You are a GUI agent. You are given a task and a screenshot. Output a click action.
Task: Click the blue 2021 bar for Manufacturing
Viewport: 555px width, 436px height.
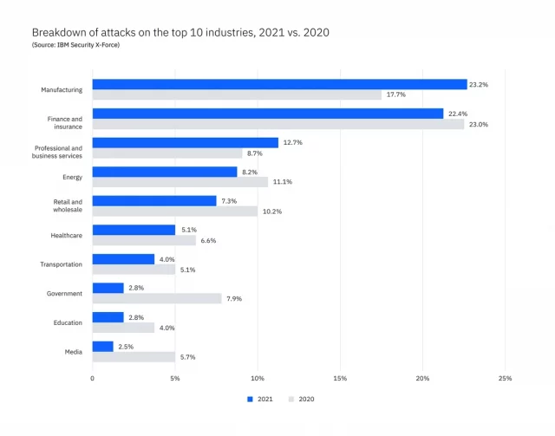click(x=279, y=85)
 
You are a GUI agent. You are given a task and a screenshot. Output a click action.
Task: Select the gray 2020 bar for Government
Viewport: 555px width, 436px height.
click(x=157, y=298)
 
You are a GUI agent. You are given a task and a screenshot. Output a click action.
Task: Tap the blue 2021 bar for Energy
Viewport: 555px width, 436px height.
click(x=165, y=172)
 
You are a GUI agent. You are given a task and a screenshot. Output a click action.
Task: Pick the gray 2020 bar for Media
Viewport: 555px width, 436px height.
click(x=134, y=356)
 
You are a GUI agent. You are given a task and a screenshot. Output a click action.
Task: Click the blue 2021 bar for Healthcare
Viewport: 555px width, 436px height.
click(x=134, y=230)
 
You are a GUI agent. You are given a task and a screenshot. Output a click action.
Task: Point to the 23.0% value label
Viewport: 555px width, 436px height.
click(x=479, y=124)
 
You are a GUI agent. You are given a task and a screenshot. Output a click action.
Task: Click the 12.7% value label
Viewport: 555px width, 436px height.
click(x=292, y=142)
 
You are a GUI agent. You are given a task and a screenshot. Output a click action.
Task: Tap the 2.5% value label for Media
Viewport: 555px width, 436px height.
click(x=127, y=346)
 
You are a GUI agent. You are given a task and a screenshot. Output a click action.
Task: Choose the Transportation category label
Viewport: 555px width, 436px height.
click(x=61, y=264)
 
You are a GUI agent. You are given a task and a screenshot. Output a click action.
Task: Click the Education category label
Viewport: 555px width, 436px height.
click(x=68, y=322)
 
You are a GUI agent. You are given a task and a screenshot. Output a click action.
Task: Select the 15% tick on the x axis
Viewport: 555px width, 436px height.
click(x=340, y=378)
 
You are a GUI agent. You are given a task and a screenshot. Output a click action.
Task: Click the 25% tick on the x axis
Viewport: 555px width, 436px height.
click(x=505, y=378)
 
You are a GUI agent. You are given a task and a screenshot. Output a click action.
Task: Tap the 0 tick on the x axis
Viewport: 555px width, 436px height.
click(x=93, y=378)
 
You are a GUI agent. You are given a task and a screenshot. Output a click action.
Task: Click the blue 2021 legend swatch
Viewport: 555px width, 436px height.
click(x=250, y=399)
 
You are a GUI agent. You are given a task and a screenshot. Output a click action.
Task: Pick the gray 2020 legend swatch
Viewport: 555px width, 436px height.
click(x=291, y=399)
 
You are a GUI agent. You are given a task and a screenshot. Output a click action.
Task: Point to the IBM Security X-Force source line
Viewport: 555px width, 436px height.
click(x=75, y=44)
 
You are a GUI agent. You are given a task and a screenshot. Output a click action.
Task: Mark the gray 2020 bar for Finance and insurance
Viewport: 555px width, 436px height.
click(x=278, y=124)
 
